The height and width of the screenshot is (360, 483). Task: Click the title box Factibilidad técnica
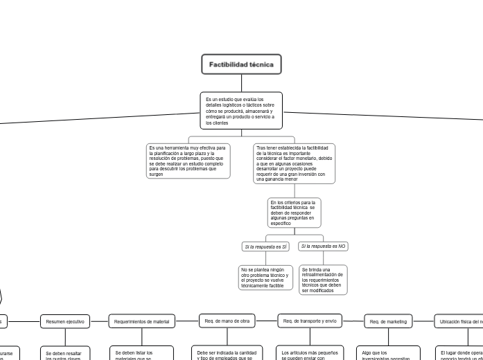tap(241, 65)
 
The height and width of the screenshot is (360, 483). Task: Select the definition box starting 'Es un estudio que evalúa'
tap(241, 111)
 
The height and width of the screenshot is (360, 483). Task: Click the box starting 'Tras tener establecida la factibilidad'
tap(294, 163)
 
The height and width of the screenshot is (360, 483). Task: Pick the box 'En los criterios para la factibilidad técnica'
tap(294, 213)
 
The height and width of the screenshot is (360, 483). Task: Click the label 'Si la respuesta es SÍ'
tap(265, 246)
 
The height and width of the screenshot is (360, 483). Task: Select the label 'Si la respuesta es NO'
tap(324, 246)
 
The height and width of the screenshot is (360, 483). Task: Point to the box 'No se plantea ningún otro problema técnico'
tap(264, 277)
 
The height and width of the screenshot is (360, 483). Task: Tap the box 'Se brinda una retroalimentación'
tap(323, 280)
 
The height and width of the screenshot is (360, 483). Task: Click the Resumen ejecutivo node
tap(65, 321)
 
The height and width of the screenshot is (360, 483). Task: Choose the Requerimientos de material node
tap(141, 321)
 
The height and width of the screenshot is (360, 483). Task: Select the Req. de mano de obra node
tap(227, 321)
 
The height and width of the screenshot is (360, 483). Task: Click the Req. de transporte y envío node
tap(310, 321)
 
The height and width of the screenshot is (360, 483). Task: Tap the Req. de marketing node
tap(388, 321)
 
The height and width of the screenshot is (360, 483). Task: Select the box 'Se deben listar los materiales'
tap(143, 354)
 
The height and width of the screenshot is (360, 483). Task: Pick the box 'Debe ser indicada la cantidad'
tap(227, 354)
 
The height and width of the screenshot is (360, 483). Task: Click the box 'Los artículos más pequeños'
tap(310, 354)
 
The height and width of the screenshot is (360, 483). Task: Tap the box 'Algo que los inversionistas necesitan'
tap(389, 354)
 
